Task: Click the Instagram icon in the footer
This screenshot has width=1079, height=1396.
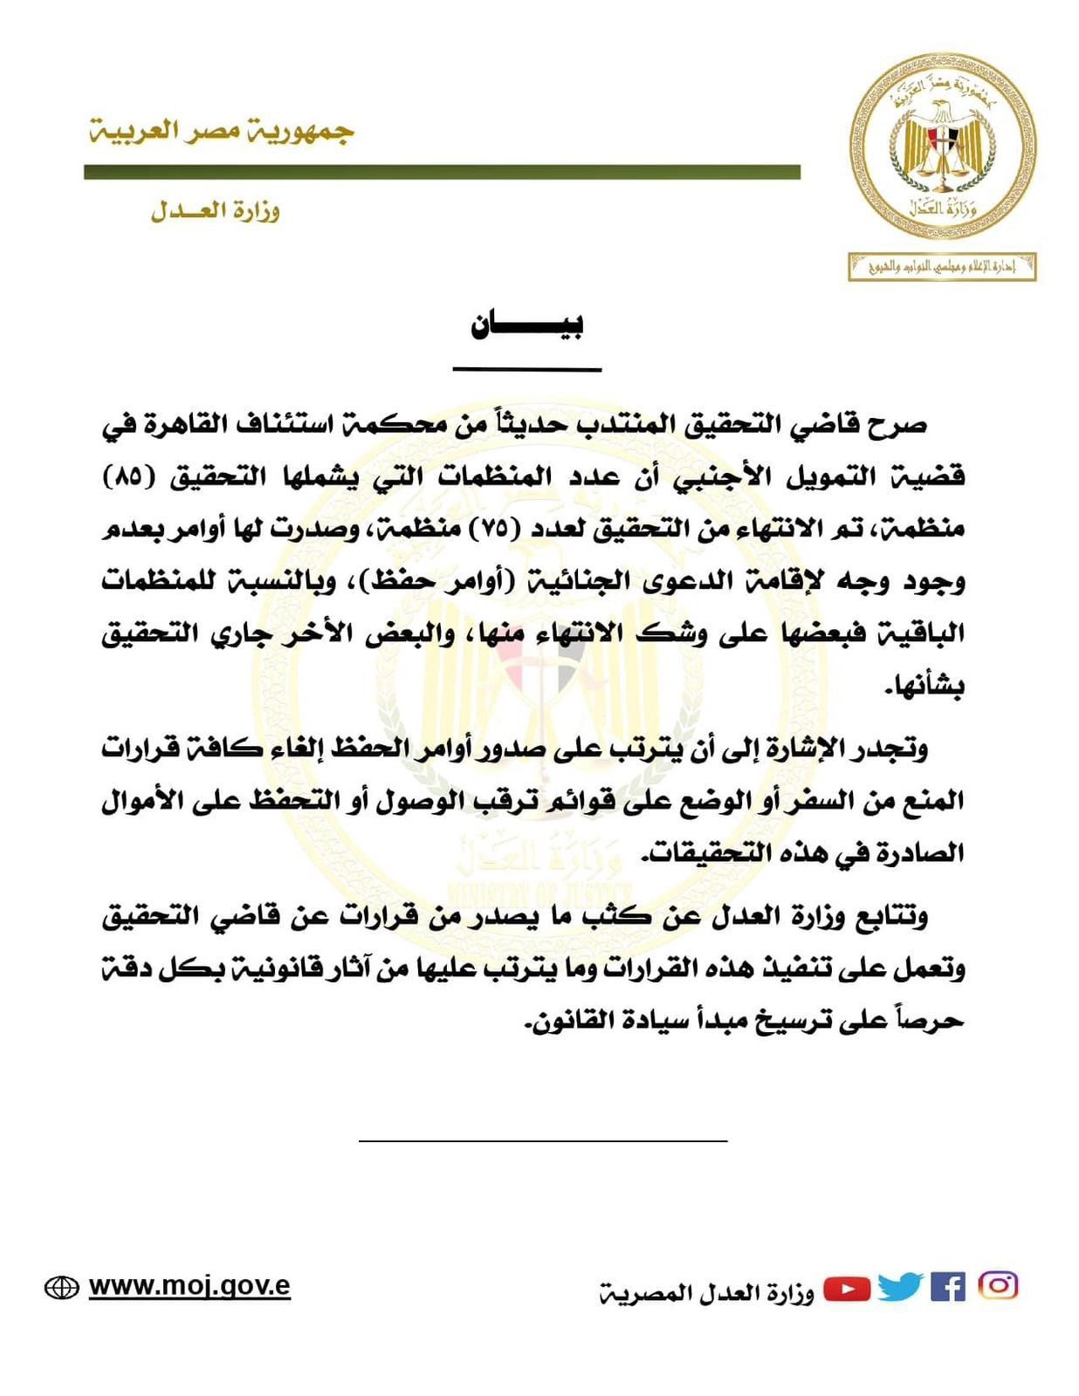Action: [999, 1285]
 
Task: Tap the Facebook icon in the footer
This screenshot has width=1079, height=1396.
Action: [947, 1287]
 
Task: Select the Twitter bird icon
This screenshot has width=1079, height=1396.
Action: [900, 1287]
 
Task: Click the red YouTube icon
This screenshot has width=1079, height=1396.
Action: [847, 1288]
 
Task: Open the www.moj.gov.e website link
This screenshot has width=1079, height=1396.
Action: [189, 1286]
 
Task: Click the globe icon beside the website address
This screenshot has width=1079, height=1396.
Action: [61, 1288]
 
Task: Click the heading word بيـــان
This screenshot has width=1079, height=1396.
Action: [526, 325]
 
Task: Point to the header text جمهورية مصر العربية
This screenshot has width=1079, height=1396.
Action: [222, 132]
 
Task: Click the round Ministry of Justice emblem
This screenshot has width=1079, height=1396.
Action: [943, 145]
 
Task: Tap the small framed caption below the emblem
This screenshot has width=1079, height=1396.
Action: [942, 267]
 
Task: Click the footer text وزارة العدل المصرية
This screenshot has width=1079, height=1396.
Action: [707, 1292]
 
